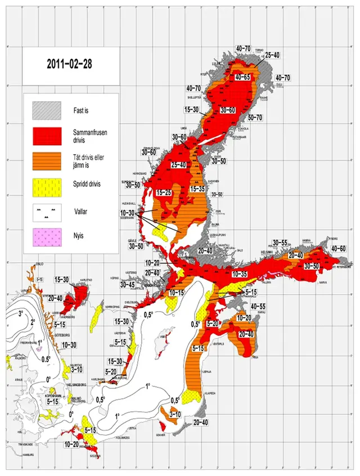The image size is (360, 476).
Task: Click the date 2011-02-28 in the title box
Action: [70, 64]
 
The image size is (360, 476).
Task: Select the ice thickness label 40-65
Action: [246, 77]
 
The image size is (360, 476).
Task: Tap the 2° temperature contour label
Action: [33, 322]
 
